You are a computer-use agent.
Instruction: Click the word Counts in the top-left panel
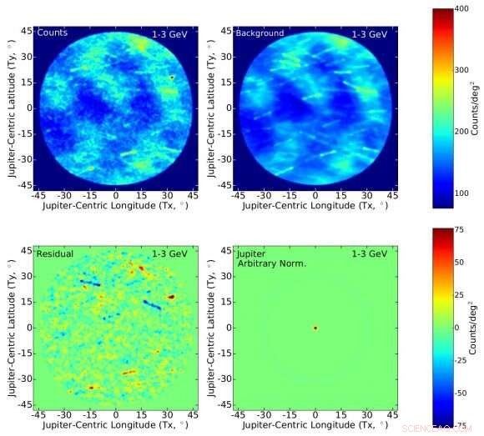(x=49, y=33)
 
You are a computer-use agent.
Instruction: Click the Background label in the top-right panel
(x=260, y=33)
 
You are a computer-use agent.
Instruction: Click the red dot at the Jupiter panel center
(x=315, y=328)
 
